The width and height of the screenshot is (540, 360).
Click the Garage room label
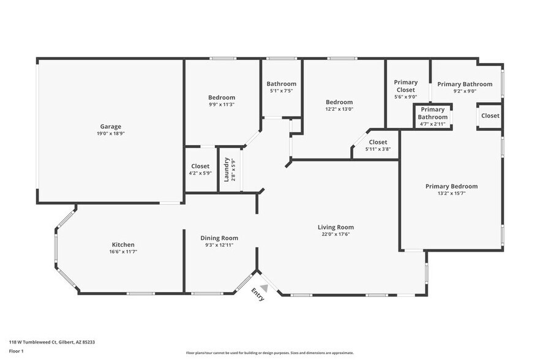pos(111,127)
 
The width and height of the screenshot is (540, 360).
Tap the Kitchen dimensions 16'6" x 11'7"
pos(122,252)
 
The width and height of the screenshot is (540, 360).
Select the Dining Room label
pos(219,238)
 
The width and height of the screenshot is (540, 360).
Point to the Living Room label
pos(336,227)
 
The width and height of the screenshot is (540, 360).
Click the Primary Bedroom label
pos(451,186)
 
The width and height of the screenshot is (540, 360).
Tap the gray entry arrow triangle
pos(264,287)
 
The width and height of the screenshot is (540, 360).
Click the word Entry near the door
pos(258,296)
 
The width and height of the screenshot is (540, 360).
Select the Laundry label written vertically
pos(226,170)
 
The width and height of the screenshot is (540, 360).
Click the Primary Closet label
pos(405,86)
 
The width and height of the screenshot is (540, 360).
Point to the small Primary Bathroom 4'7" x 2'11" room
pos(432,116)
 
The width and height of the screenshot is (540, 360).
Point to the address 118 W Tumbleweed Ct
pos(51,342)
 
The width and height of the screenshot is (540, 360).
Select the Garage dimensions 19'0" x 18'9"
pos(111,133)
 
